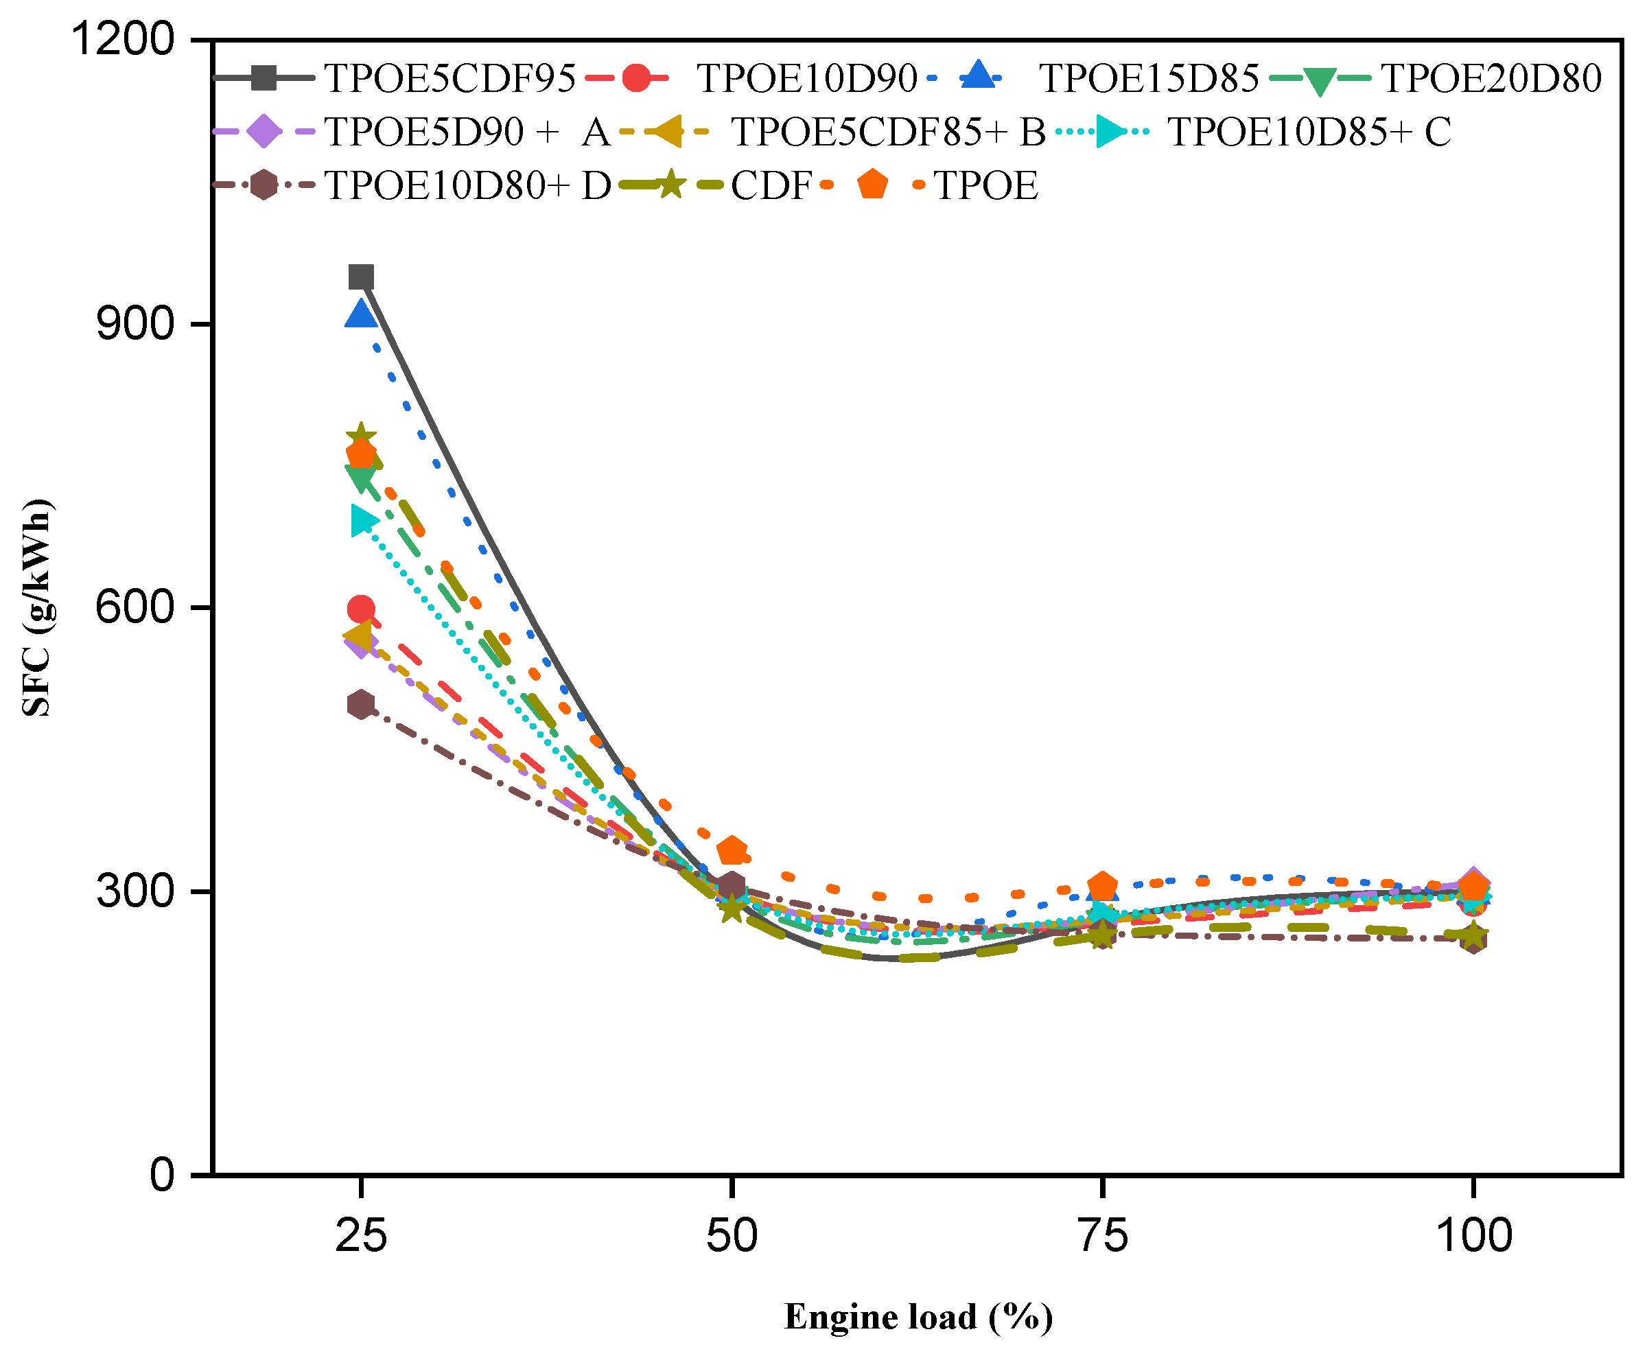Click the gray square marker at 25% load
361,277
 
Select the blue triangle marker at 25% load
361,314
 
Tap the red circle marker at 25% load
361,609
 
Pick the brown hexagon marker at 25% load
361,704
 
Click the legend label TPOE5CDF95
449,78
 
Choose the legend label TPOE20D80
1491,78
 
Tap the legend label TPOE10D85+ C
1309,132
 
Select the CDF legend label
771,186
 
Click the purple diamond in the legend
264,132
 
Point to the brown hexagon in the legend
264,186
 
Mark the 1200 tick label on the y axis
122,38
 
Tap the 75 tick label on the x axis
1102,1236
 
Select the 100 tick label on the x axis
1473,1236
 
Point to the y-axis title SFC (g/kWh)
37,608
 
